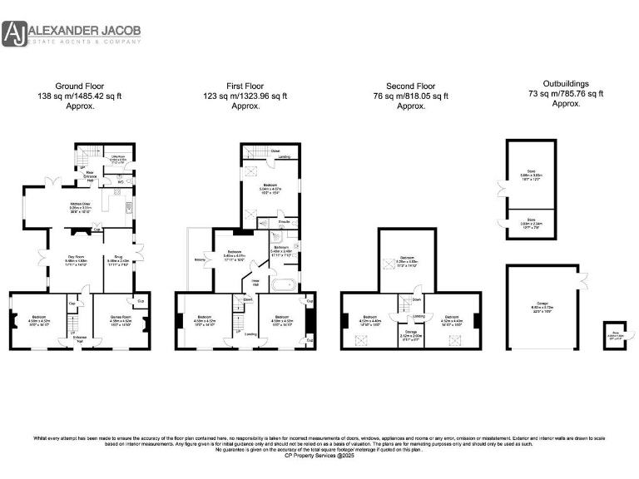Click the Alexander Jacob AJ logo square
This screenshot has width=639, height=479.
point(14,34)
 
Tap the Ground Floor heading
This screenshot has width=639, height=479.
point(78,86)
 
